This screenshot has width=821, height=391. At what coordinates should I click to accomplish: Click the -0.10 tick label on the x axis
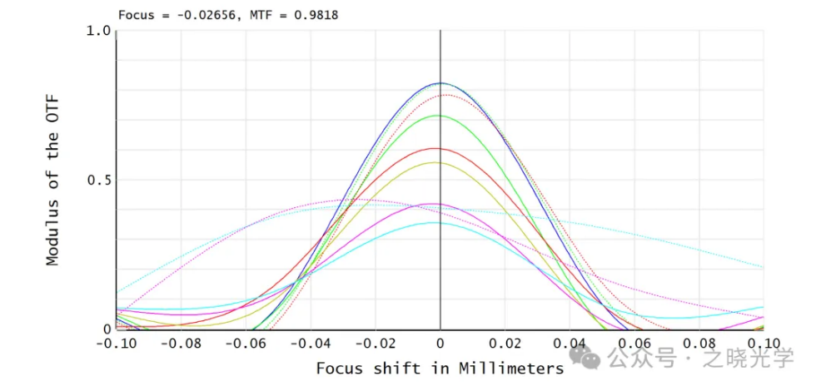pyautogui.click(x=116, y=343)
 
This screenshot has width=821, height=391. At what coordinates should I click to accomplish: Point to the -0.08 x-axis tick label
pyautogui.click(x=181, y=343)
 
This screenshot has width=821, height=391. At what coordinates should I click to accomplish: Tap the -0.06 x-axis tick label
pyautogui.click(x=246, y=343)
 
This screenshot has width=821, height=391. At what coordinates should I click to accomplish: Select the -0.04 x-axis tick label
pyautogui.click(x=311, y=343)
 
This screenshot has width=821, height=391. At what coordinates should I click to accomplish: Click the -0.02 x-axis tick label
pyautogui.click(x=375, y=343)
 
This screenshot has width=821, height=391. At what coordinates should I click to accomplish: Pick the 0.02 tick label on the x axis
pyautogui.click(x=505, y=343)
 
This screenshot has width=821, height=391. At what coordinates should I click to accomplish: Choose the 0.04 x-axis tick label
pyautogui.click(x=570, y=343)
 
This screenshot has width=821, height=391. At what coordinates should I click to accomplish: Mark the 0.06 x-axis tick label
pyautogui.click(x=634, y=343)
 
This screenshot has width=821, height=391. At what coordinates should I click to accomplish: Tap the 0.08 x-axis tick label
pyautogui.click(x=699, y=343)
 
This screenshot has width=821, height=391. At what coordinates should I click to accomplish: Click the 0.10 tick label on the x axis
pyautogui.click(x=763, y=343)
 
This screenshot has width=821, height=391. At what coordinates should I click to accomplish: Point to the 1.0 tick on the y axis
pyautogui.click(x=98, y=31)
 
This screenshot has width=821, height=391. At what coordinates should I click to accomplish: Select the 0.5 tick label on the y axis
pyautogui.click(x=98, y=180)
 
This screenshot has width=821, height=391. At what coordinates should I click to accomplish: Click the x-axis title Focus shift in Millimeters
pyautogui.click(x=440, y=368)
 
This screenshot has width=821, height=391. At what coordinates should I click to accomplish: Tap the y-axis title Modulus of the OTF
pyautogui.click(x=52, y=180)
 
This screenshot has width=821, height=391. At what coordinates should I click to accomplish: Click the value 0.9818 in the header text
pyautogui.click(x=313, y=15)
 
